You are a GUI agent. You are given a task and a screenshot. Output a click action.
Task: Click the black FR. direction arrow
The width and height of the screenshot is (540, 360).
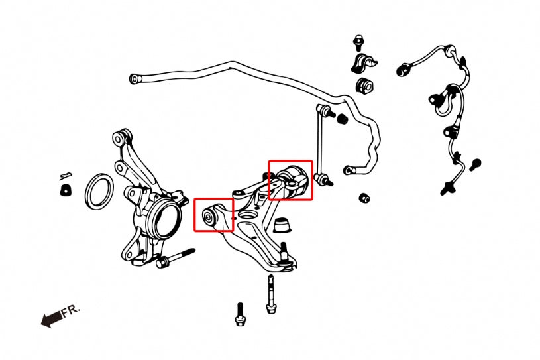(50, 320)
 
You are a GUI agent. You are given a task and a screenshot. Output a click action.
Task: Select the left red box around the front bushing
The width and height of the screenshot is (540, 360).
(213, 214)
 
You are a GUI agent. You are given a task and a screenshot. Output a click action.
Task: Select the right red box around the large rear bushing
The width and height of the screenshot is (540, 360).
(290, 179)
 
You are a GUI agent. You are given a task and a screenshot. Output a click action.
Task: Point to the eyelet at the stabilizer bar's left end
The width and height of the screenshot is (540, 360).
(135, 79)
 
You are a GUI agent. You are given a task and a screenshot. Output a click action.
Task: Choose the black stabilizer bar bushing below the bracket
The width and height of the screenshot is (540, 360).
(364, 86)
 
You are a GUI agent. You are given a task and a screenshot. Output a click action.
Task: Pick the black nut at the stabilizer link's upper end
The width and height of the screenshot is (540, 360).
(343, 119)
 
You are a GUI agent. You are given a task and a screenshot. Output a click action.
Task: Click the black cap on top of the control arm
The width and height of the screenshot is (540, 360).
(284, 224)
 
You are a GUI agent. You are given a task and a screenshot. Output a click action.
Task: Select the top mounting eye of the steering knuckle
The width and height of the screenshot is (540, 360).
(120, 137)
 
